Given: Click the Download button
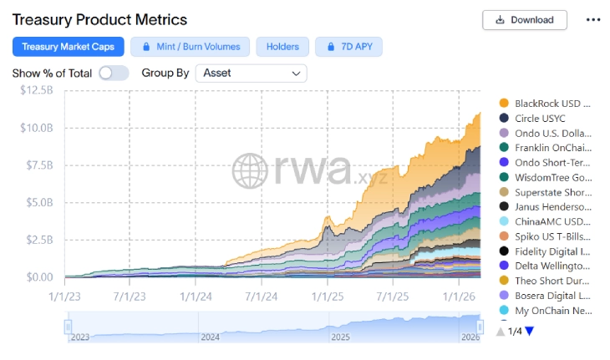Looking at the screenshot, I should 524,20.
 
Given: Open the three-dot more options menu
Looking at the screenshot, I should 593,20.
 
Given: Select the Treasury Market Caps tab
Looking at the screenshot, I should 69,47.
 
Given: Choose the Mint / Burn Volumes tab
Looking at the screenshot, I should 191,47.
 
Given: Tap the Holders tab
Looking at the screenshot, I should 282,47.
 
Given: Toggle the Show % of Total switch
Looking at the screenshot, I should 113,73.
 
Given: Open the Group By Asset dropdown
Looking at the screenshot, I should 251,73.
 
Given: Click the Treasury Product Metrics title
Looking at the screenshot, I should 99,19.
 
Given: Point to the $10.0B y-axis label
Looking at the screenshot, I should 37,128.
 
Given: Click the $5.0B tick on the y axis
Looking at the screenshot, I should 39,202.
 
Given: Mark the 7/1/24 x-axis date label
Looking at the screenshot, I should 262,296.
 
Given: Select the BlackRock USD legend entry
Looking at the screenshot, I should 552,104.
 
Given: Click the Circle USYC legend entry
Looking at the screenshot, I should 544,119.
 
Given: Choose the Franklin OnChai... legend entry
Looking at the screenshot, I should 552,148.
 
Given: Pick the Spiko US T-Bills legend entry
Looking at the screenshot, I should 552,236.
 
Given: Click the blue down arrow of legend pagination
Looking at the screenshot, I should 529,332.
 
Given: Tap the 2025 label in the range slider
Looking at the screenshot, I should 341,337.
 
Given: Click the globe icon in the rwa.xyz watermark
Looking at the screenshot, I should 249,170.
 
